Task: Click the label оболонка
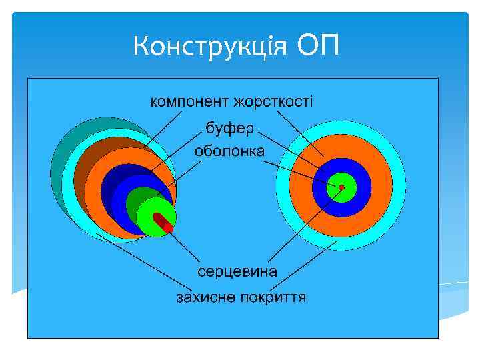point(229,151)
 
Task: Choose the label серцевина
point(237,272)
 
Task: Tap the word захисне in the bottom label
point(205,297)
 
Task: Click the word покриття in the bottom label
point(273,297)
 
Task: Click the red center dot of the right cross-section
point(341,187)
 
